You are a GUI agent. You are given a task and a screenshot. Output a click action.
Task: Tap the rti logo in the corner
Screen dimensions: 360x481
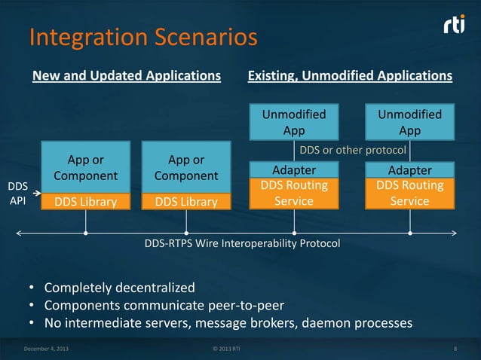coord(455,26)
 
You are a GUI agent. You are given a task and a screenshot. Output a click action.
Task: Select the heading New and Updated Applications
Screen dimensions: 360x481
coord(126,76)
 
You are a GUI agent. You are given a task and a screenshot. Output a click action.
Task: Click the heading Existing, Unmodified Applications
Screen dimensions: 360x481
coord(350,76)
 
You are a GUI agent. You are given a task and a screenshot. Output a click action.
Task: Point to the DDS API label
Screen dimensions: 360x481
coord(17,194)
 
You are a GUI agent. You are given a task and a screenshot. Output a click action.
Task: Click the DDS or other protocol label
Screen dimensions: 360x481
coord(353,150)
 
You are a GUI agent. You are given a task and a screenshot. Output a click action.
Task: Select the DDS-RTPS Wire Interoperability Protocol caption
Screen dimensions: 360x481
coord(242,244)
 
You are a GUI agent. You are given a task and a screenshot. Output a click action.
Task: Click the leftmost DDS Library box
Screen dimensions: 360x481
coord(86,201)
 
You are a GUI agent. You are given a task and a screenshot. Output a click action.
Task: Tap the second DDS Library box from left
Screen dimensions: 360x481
coord(186,201)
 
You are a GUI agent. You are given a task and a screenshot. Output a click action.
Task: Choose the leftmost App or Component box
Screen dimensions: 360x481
coord(86,168)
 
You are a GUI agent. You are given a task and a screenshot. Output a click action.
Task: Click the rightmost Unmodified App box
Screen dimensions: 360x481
coord(410,122)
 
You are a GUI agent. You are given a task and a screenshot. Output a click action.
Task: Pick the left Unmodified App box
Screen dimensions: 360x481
coord(294,122)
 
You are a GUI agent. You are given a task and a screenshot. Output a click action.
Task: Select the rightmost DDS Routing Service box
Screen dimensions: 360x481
coord(410,194)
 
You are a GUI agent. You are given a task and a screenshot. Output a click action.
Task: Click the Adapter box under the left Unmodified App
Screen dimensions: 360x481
coord(294,170)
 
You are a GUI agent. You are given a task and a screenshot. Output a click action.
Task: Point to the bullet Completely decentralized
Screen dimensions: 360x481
coord(120,288)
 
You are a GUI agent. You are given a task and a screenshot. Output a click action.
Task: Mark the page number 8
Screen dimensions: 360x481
coord(456,349)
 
